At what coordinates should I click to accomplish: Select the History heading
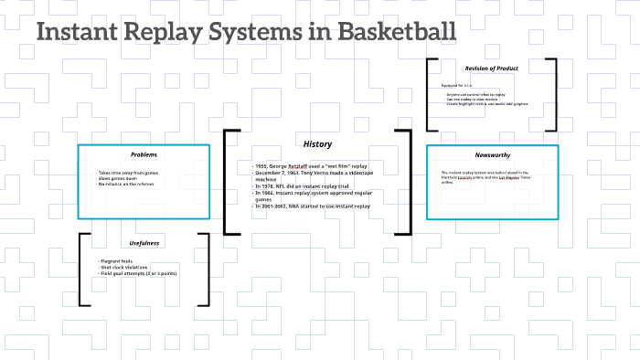coord(317,144)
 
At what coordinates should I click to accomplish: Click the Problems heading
coord(144,154)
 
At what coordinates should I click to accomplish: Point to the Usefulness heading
coord(144,242)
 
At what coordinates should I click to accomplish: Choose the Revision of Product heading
coord(491,68)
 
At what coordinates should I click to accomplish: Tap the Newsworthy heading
coord(492,154)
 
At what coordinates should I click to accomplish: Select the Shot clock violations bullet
coord(130,267)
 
